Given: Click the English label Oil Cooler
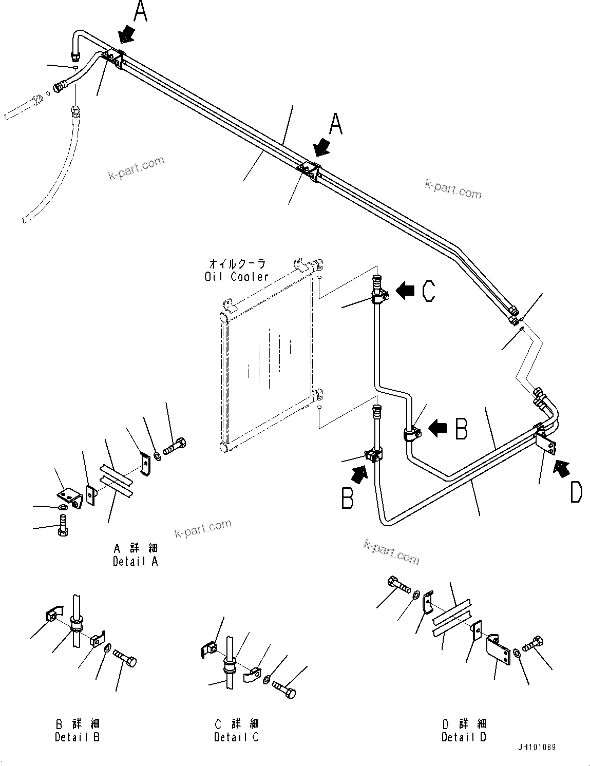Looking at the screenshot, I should tap(236, 277).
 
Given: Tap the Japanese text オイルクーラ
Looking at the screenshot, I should tap(237, 264).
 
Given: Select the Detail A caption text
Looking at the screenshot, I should tap(136, 561).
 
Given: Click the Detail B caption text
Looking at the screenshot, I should tap(78, 737).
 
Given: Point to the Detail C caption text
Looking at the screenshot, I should tap(237, 737).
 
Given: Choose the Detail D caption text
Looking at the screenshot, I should tap(464, 737).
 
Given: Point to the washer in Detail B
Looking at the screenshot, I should tap(106, 649).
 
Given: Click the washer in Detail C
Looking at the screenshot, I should tap(267, 680).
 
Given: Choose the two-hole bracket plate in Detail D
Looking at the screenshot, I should tap(499, 648).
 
